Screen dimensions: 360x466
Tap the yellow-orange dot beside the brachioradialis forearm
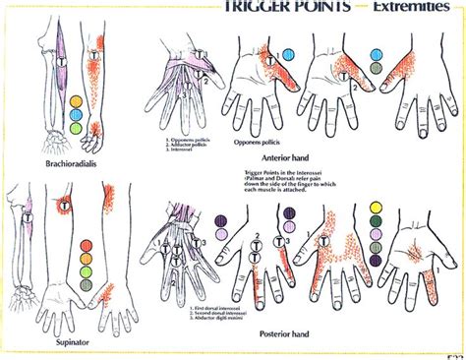pyautogui.click(x=77, y=100)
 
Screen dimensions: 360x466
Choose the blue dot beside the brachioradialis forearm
pyautogui.click(x=77, y=113)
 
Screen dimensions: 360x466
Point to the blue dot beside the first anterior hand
pyautogui.click(x=289, y=54)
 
